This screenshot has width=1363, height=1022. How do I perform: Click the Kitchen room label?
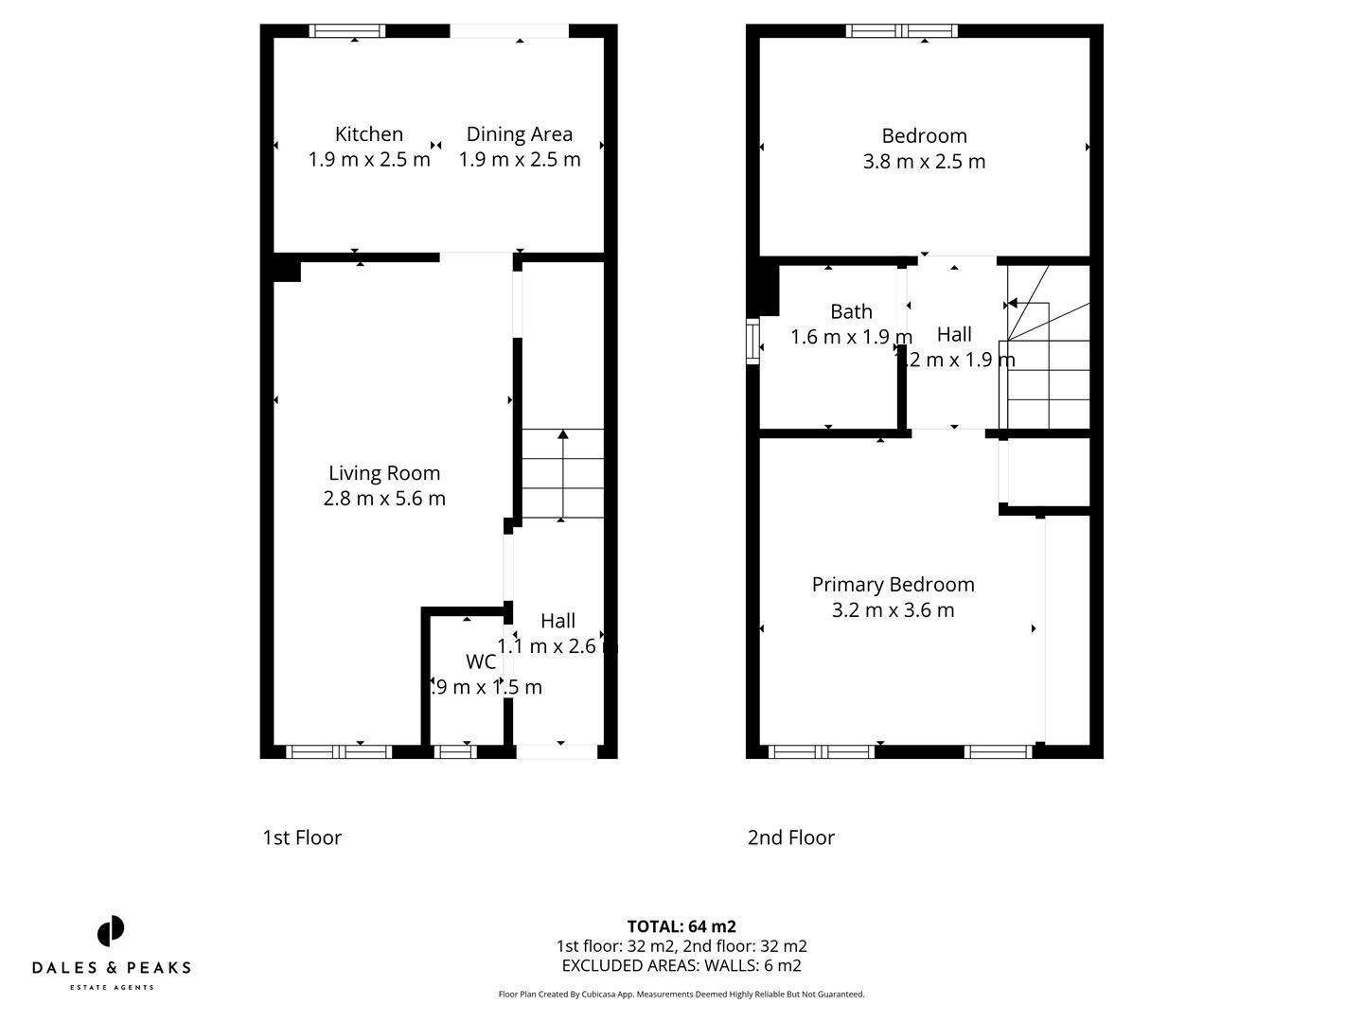pos(369,134)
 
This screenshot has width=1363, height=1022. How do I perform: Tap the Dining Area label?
pos(519,134)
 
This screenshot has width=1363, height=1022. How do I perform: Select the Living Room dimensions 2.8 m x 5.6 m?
pos(384,498)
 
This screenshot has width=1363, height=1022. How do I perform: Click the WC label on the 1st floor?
pos(481,661)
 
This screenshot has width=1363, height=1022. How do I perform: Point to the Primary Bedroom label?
pos(893,585)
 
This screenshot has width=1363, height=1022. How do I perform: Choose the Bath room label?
pos(851,311)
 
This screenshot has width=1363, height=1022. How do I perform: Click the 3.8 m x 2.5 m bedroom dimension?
pos(924,162)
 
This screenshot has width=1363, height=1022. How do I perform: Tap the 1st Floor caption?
pos(302,837)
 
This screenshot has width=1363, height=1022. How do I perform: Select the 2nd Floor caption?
pos(791,837)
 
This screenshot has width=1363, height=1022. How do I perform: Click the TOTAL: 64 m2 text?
pos(681,926)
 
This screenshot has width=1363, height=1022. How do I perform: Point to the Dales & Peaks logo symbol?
pos(111,931)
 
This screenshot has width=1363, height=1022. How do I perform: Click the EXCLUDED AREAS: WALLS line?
pos(681,966)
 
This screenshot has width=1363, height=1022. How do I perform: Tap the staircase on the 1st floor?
pos(562,474)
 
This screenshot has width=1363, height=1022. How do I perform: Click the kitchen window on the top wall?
pos(347,31)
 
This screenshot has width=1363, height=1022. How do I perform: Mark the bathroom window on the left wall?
pos(752,342)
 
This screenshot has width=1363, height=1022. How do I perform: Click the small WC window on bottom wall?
pos(455,752)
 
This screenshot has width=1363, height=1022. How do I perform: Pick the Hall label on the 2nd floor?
pos(954,334)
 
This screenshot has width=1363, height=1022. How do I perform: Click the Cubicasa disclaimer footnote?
pos(681,995)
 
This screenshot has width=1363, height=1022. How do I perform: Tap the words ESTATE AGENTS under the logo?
pos(111,988)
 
